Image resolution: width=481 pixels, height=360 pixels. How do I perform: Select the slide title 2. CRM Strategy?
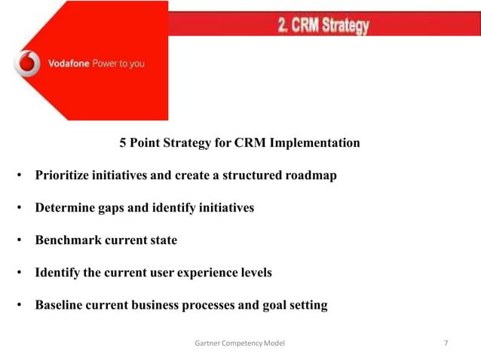click(x=323, y=26)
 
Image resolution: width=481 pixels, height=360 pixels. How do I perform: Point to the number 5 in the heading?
click(x=124, y=142)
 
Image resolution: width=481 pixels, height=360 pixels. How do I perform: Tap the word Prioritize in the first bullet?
click(x=63, y=175)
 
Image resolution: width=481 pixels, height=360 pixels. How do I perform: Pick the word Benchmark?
click(x=67, y=240)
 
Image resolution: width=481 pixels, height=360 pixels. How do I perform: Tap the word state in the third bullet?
click(x=161, y=240)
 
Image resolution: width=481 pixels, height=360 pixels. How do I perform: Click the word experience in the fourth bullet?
click(x=200, y=273)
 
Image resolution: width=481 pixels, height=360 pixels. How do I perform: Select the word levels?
click(x=253, y=273)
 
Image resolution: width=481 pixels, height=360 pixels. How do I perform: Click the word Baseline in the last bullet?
click(x=60, y=305)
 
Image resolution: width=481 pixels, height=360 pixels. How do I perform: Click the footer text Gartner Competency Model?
click(x=240, y=343)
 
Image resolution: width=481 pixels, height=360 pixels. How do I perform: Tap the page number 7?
click(x=446, y=343)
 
